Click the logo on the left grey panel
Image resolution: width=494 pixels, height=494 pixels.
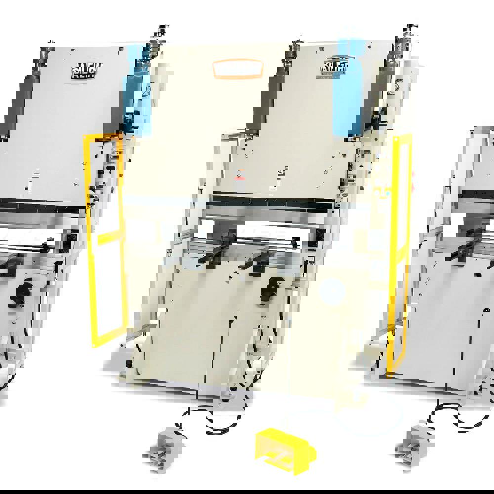pyautogui.click(x=85, y=70)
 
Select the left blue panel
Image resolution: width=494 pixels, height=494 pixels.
pyautogui.click(x=136, y=91)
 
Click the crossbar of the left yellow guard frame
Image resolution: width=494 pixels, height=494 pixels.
pyautogui.click(x=108, y=237)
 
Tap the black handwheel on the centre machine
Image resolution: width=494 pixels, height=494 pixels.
pyautogui.click(x=271, y=286)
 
